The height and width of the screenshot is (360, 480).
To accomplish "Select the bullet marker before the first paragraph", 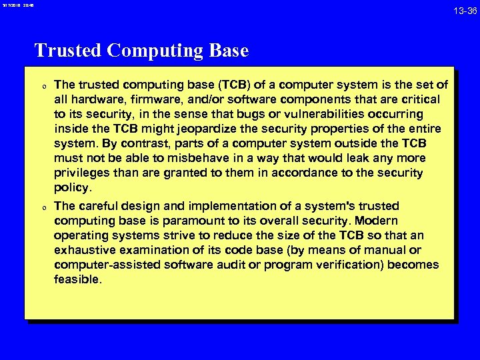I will pyautogui.click(x=43, y=86).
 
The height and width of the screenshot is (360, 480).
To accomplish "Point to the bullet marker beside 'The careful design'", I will pyautogui.click(x=43, y=207).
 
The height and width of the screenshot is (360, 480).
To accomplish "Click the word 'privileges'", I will pyautogui.click(x=83, y=173).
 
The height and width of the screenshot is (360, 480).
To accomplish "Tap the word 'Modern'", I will pyautogui.click(x=375, y=221).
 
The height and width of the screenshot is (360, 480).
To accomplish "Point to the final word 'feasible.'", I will pyautogui.click(x=78, y=279).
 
